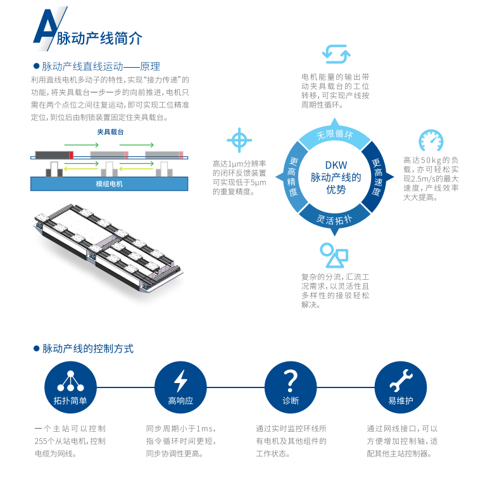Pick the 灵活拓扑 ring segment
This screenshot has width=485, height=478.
pos(334,219)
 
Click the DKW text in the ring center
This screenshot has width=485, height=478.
pos(335,165)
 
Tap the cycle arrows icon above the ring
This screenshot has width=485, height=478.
pos(336,54)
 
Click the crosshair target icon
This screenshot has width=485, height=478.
pos(239,139)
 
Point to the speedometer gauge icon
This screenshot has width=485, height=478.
pos(431,140)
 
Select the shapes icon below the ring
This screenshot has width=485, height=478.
pos(334,255)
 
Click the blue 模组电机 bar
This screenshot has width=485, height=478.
pos(110,184)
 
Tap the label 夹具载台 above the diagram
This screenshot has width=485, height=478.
pos(110,132)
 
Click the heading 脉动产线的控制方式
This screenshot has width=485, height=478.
pos(88,349)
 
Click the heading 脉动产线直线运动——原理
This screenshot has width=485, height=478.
pos(101,66)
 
